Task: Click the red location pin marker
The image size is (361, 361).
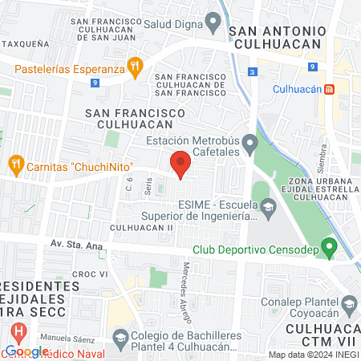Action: point(180,164)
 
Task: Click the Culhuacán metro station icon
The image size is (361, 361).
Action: point(328,90)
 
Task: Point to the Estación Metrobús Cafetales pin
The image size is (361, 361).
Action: point(250,145)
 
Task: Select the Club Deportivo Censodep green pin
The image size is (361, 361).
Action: point(327,245)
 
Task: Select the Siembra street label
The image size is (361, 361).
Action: point(322,159)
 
